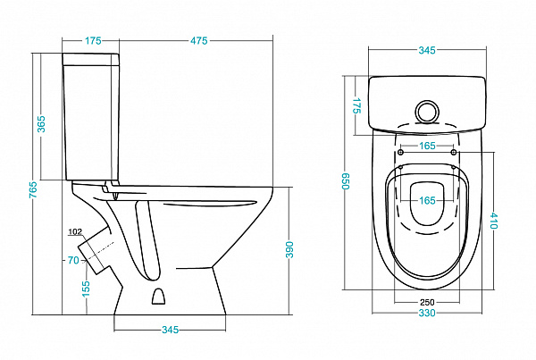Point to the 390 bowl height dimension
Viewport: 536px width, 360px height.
tap(289, 251)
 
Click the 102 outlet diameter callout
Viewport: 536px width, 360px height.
tap(74, 233)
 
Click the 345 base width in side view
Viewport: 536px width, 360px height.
tap(171, 330)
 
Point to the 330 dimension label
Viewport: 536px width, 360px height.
tap(427, 314)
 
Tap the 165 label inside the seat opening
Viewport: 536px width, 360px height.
tap(427, 200)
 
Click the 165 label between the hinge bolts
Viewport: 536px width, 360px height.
tap(427, 145)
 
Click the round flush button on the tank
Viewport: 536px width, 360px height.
tap(428, 112)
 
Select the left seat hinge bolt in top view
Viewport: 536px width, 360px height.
tap(399, 153)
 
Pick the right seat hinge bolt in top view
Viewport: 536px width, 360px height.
tap(455, 153)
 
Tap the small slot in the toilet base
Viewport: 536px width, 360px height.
tap(159, 296)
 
